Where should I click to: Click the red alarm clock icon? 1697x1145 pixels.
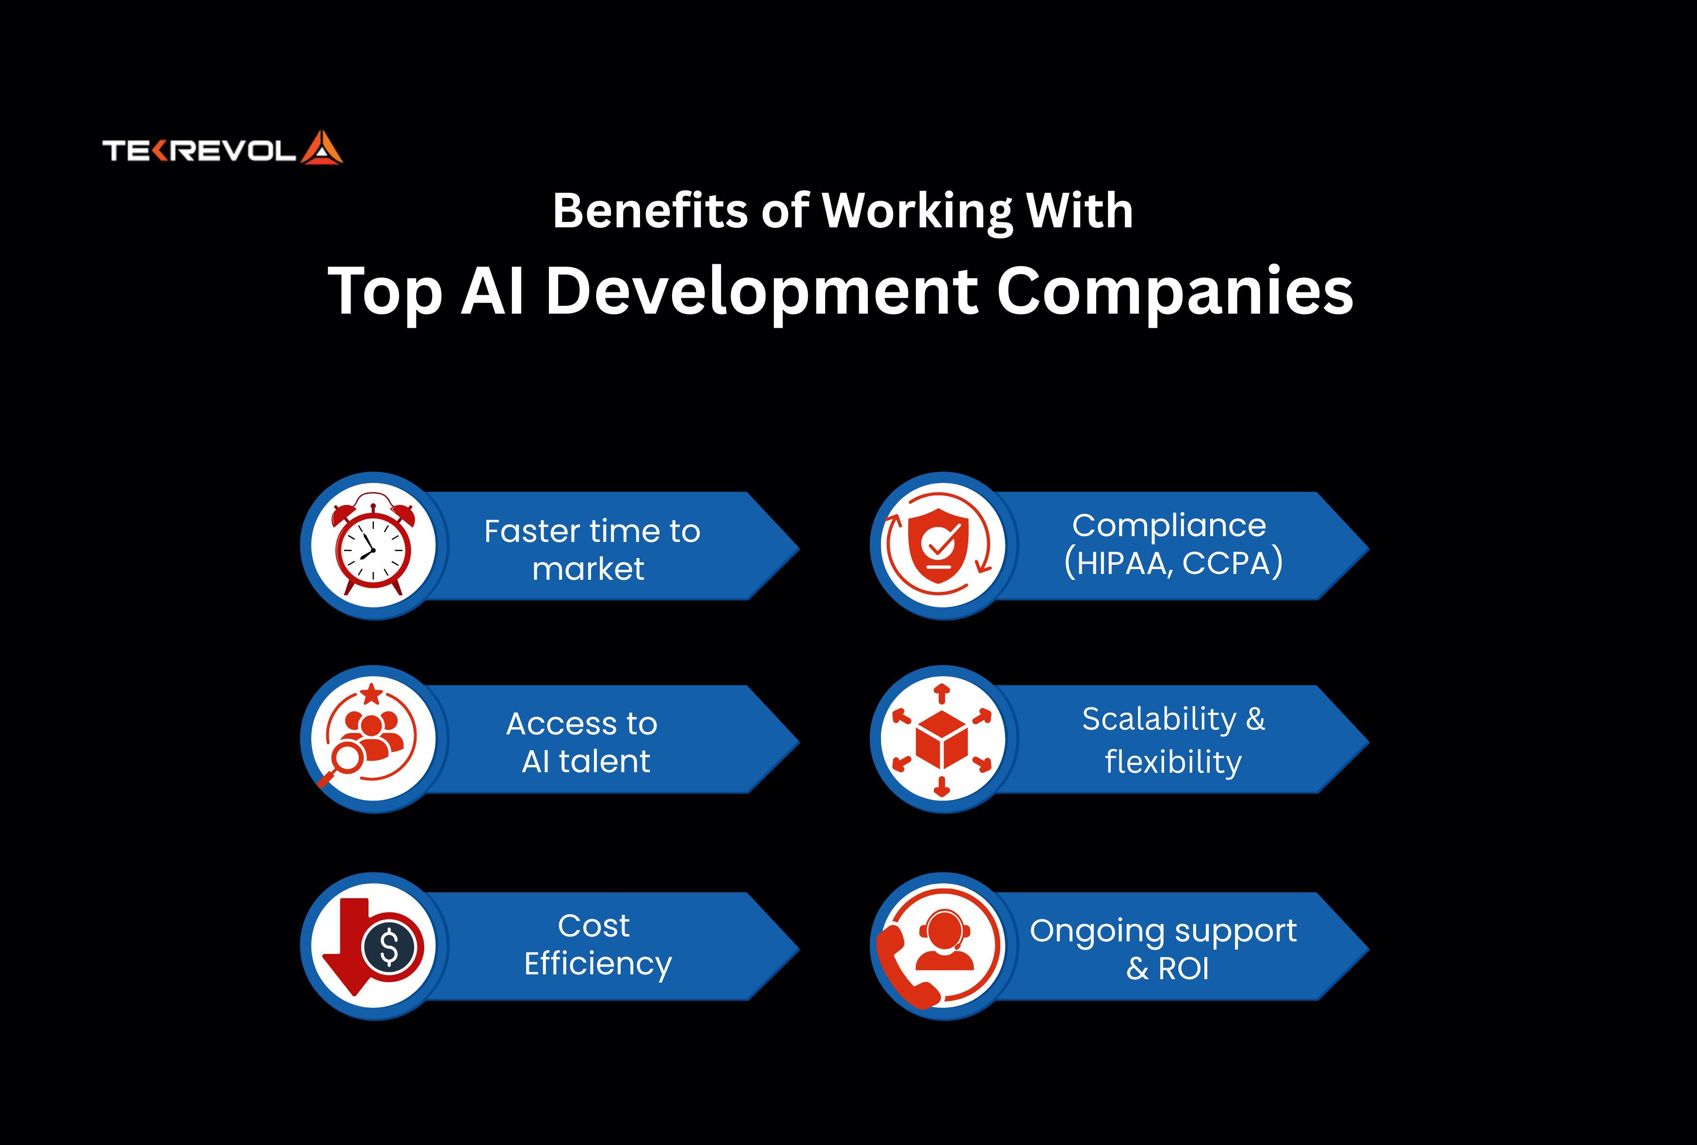373,544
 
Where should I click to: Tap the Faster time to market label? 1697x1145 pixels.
592,550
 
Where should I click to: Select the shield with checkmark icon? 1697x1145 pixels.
938,546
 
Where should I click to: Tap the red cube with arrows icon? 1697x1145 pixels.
942,739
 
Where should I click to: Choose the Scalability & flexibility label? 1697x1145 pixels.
1173,740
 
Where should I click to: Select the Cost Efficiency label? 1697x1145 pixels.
597,944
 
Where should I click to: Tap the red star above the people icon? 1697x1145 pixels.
372,693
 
